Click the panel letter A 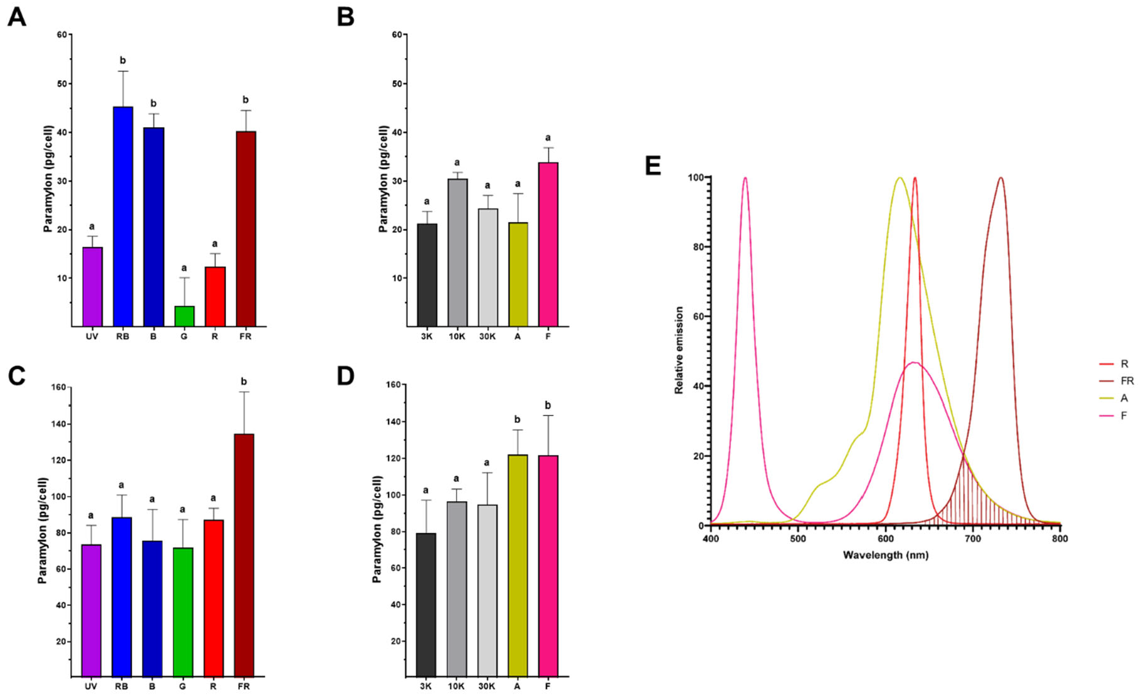point(16,17)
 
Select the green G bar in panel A point(184,315)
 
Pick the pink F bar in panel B point(548,244)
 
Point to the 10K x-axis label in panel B point(457,336)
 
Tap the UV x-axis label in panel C point(91,686)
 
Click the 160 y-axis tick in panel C point(58,387)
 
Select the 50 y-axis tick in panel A point(61,83)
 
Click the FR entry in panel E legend point(1127,380)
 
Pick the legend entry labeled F point(1124,415)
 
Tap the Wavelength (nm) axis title point(885,555)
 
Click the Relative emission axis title point(679,350)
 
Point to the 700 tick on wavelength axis point(972,538)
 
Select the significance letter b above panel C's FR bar point(244,381)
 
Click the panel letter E point(653,166)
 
